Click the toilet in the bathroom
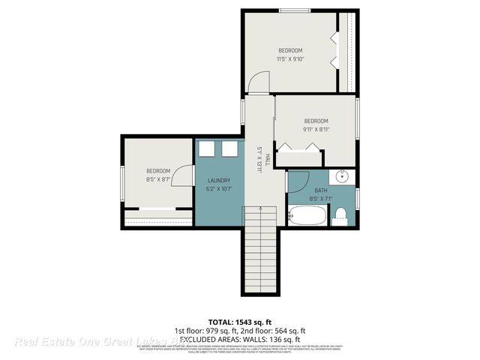point(339,215)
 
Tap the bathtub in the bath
point(308,217)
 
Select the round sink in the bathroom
point(343,178)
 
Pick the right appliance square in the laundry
point(228,149)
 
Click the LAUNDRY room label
point(218,180)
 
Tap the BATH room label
point(321,190)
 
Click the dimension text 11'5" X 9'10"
point(289,58)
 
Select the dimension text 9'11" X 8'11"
point(316,129)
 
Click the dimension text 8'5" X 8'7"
point(158,179)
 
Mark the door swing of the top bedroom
point(258,81)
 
